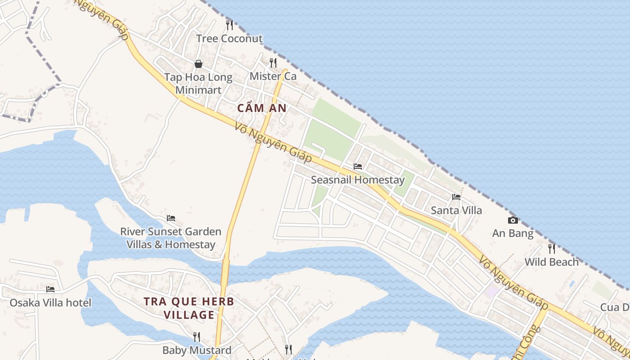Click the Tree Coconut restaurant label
click(x=229, y=39)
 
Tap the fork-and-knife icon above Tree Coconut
click(x=229, y=25)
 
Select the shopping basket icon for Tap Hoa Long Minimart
click(x=198, y=64)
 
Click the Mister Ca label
click(x=273, y=76)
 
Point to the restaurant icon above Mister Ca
click(x=273, y=63)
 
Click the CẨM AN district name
click(x=261, y=108)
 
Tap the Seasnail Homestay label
click(x=358, y=180)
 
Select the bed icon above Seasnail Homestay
click(x=358, y=166)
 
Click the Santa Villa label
click(x=456, y=210)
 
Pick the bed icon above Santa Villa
click(x=456, y=197)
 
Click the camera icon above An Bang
click(x=513, y=220)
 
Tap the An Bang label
click(x=513, y=234)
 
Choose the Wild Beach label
click(x=552, y=262)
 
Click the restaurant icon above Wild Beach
click(x=552, y=248)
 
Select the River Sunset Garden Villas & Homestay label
click(x=171, y=238)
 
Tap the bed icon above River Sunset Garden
click(x=171, y=218)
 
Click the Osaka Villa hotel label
click(x=50, y=302)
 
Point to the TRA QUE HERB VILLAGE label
click(x=189, y=308)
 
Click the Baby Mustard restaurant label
click(x=197, y=350)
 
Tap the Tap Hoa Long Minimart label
click(x=198, y=83)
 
